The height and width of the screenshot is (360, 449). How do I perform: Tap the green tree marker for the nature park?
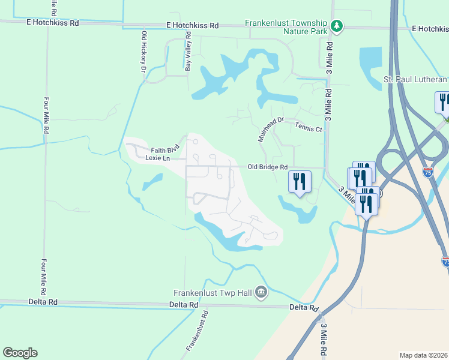337,26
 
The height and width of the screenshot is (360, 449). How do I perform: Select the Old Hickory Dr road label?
143,52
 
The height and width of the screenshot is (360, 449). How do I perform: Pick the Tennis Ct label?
309,128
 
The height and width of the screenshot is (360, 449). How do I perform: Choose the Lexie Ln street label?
158,158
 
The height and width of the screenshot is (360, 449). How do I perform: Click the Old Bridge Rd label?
268,167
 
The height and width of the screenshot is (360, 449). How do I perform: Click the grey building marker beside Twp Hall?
261,292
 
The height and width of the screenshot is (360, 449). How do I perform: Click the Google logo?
20,353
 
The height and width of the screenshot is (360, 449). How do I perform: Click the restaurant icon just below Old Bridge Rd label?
300,181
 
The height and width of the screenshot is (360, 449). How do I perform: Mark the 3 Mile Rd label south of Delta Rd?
324,340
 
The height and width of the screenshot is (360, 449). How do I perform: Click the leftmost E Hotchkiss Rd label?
53,23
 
